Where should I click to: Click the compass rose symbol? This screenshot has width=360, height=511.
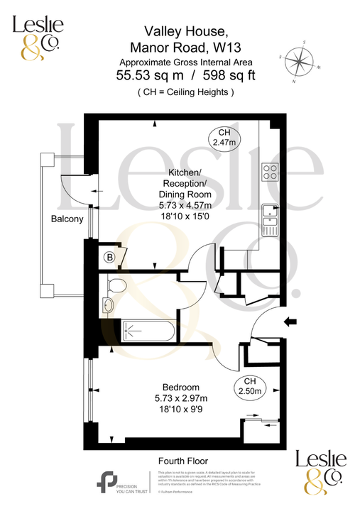(302, 62)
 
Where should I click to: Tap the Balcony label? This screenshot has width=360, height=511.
(67, 219)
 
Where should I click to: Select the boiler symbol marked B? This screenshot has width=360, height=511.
(110, 257)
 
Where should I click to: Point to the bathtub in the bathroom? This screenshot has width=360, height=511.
(146, 330)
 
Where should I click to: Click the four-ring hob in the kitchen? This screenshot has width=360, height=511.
(271, 172)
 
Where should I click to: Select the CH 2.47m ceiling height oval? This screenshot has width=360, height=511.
(224, 138)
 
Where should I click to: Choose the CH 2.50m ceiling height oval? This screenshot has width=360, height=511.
(249, 386)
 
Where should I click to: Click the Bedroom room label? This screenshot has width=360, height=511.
(175, 388)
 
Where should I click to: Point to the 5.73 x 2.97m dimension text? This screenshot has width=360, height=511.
(175, 398)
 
